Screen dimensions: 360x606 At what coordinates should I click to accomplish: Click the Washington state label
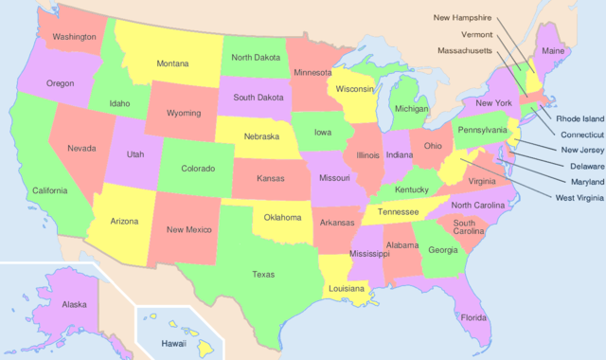tap(74, 37)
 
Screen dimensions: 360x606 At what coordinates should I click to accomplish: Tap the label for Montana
tap(172, 63)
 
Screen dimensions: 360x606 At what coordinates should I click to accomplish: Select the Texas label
tap(263, 275)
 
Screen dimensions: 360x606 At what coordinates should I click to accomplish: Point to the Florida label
tap(472, 318)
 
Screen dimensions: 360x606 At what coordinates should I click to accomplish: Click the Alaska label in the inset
tap(74, 304)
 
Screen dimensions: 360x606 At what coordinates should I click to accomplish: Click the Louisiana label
tap(347, 288)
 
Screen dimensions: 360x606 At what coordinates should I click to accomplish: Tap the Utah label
tap(135, 153)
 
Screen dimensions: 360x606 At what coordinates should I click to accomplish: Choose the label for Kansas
tap(272, 178)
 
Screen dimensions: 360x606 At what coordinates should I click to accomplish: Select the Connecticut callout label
tap(579, 135)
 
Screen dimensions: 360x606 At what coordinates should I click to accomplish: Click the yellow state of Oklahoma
tap(282, 220)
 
